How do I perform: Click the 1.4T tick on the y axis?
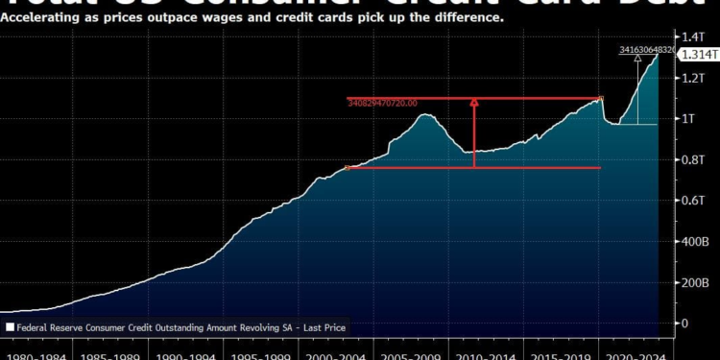pyautogui.click(x=693, y=36)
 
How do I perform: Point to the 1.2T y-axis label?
pyautogui.click(x=693, y=78)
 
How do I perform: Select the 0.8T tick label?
pyautogui.click(x=693, y=159)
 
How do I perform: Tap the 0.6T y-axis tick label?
pyautogui.click(x=693, y=201)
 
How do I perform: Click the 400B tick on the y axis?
pyautogui.click(x=693, y=242)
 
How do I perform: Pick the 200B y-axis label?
pyautogui.click(x=693, y=283)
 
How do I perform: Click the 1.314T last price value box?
pyautogui.click(x=694, y=55)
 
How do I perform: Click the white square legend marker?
pyautogui.click(x=10, y=327)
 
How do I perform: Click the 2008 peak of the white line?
pyautogui.click(x=425, y=115)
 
